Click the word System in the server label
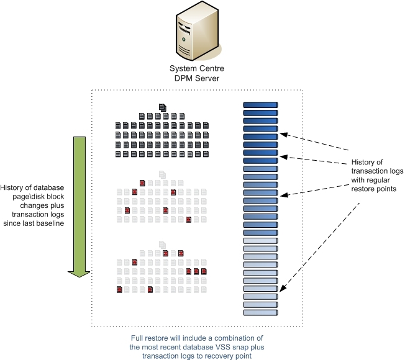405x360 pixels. click(x=184, y=68)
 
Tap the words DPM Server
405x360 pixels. click(x=196, y=78)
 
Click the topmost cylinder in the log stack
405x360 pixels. click(x=260, y=106)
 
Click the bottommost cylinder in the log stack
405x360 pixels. click(x=260, y=312)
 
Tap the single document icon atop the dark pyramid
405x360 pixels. click(x=163, y=107)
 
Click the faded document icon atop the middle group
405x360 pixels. click(x=163, y=174)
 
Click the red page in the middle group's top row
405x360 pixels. click(x=142, y=183)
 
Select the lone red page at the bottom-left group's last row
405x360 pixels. click(x=118, y=290)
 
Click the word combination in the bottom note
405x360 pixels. click(x=240, y=337)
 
